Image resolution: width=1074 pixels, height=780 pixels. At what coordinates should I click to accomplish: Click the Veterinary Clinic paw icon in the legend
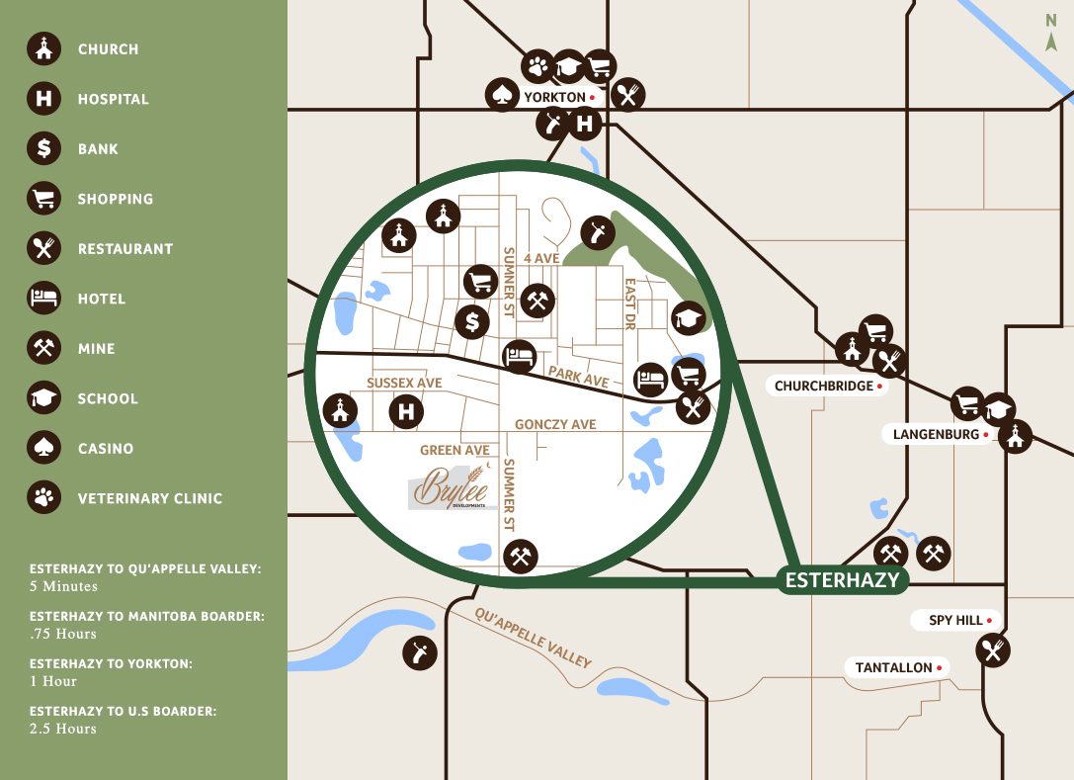click(43, 498)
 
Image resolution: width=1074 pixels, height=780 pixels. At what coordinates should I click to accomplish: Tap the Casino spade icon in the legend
click(43, 449)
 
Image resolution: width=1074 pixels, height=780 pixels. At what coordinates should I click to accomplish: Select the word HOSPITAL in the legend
click(114, 99)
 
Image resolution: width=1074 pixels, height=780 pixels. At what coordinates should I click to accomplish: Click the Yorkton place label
click(555, 97)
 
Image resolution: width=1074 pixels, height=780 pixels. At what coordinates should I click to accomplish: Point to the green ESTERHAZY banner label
click(842, 580)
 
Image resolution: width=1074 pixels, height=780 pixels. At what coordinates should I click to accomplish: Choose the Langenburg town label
click(936, 434)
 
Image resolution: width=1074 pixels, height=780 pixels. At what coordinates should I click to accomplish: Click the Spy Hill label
click(955, 620)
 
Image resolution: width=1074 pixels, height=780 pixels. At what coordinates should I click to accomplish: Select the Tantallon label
click(894, 667)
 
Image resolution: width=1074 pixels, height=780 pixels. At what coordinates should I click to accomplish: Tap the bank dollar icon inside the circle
click(472, 321)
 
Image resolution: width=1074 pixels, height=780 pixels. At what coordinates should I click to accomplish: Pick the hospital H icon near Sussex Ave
click(406, 411)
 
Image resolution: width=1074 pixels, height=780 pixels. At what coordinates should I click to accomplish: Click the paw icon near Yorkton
click(537, 67)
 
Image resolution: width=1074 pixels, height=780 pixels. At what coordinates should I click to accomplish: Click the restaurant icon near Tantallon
click(992, 650)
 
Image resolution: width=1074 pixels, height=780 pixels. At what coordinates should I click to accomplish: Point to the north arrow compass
click(1051, 31)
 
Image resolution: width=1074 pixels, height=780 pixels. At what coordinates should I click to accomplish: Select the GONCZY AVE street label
click(555, 425)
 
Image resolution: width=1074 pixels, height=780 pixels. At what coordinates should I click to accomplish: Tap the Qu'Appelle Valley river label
click(533, 639)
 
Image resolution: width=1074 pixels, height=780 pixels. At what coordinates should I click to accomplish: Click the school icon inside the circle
click(688, 318)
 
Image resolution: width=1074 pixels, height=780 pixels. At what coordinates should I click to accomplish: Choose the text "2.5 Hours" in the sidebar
click(63, 729)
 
